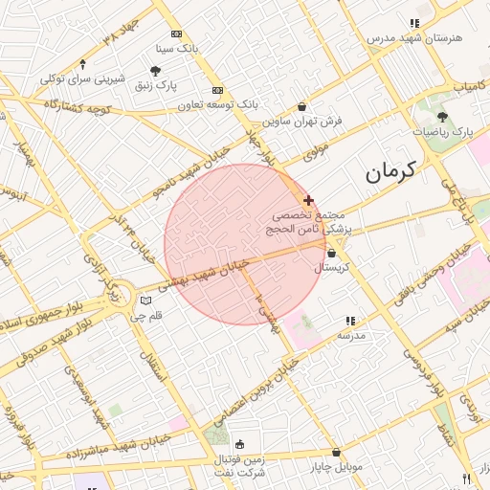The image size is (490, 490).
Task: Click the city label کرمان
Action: coord(391,172)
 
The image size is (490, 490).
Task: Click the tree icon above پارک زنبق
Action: coord(155,71)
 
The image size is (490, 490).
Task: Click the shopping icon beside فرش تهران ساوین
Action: coord(302,107)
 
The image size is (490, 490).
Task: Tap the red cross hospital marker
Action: coord(307,200)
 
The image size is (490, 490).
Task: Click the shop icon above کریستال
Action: coord(331,254)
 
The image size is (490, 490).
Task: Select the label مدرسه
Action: coord(350,336)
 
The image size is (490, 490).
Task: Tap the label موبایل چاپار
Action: coord(335,467)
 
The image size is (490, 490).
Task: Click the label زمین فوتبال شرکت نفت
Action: coord(238,466)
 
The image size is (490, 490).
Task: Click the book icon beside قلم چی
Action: coord(145,301)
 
